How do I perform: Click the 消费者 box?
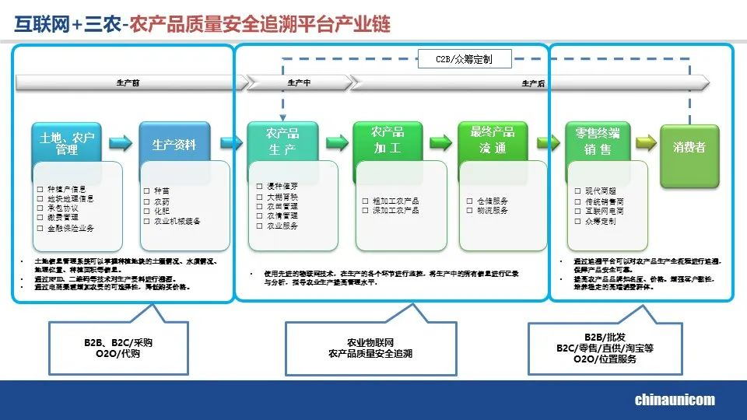[x=689, y=146]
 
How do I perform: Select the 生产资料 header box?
[x=174, y=145]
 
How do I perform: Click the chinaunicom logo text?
[x=675, y=400]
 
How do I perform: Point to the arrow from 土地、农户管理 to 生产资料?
[x=121, y=142]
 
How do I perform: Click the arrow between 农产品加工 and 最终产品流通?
[x=441, y=142]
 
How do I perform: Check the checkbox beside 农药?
[x=147, y=201]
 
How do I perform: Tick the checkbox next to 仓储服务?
[x=470, y=201]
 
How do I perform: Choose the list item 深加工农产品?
[x=396, y=210]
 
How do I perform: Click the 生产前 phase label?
[x=128, y=82]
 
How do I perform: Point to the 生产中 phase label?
[x=299, y=82]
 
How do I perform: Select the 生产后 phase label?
[x=532, y=82]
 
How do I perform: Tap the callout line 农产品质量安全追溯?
[x=370, y=354]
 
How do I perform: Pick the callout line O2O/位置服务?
[x=605, y=359]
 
